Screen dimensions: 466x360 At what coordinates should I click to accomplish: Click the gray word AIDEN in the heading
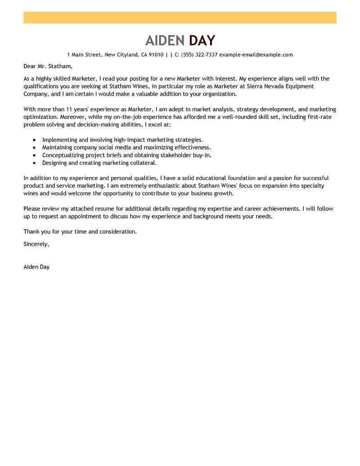(x=165, y=41)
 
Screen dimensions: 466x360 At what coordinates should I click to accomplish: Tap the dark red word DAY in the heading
(x=202, y=41)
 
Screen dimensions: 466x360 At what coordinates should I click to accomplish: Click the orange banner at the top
(x=180, y=18)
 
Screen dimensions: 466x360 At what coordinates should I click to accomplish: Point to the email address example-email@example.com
(x=256, y=55)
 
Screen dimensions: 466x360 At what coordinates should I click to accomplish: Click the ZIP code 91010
(x=156, y=55)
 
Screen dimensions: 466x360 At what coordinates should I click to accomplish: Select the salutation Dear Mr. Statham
(x=48, y=67)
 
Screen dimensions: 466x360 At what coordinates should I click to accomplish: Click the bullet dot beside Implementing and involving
(x=35, y=140)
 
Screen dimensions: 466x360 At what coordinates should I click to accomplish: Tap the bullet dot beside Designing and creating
(x=35, y=163)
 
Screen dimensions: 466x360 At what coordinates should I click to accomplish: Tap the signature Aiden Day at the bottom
(x=36, y=267)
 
